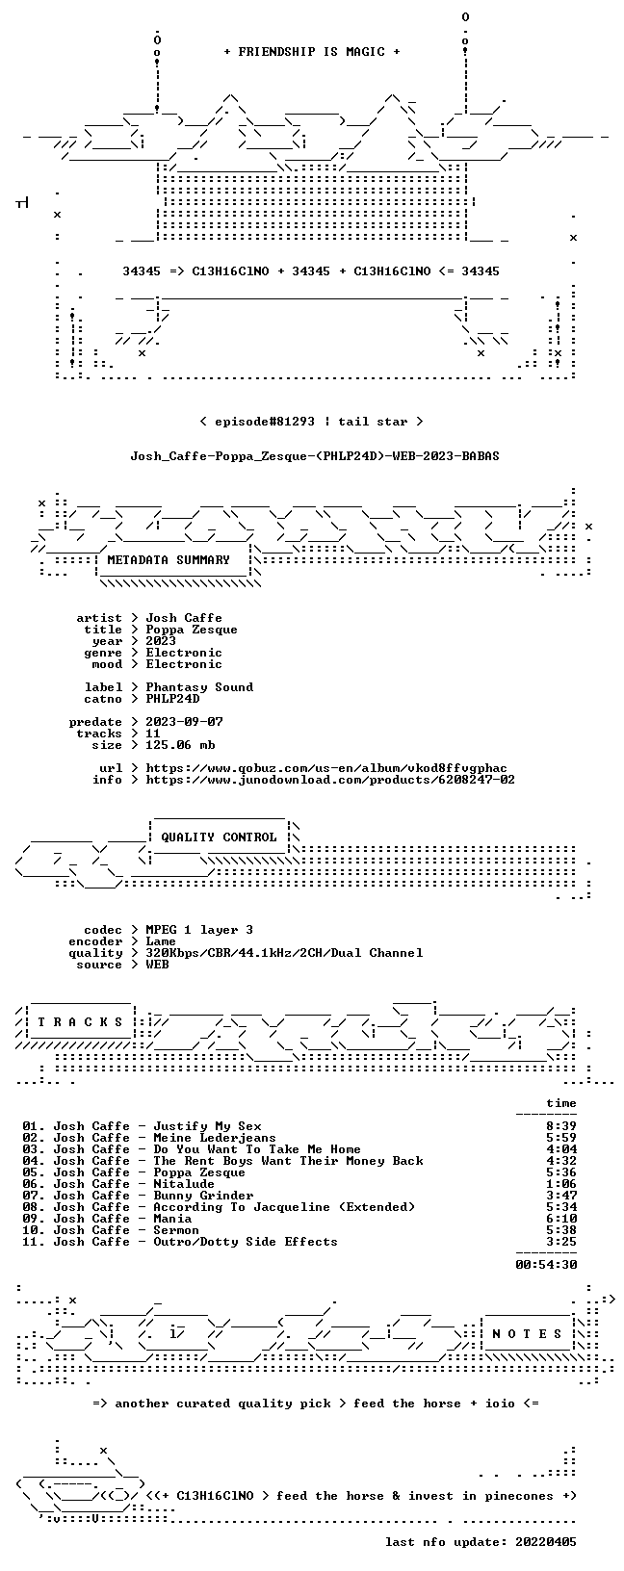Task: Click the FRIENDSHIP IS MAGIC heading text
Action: click(x=312, y=52)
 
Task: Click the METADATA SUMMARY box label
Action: click(x=169, y=560)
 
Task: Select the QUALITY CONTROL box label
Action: click(x=219, y=837)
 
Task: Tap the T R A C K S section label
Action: click(x=80, y=1022)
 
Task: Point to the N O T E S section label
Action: click(x=527, y=1334)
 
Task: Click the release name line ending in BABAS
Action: click(x=315, y=456)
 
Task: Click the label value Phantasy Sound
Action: click(x=199, y=687)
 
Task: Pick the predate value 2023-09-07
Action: click(x=184, y=722)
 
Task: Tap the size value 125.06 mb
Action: click(x=180, y=745)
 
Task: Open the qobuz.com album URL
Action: click(x=326, y=768)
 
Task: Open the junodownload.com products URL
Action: click(x=330, y=780)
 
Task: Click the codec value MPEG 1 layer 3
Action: click(x=199, y=930)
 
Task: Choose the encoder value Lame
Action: click(x=161, y=941)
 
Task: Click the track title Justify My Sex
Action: click(x=207, y=1126)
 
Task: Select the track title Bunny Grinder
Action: click(x=203, y=1196)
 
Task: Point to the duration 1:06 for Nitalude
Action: click(x=561, y=1184)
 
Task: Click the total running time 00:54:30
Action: click(x=546, y=1265)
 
